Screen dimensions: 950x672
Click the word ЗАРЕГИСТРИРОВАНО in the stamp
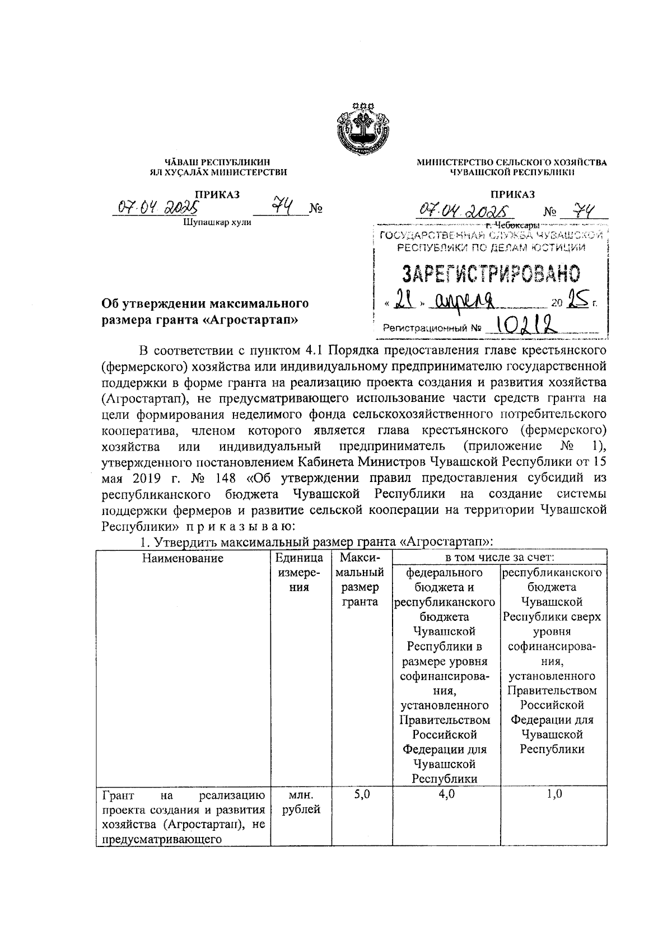pyautogui.click(x=491, y=274)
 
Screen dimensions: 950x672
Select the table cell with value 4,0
pyautogui.click(x=446, y=794)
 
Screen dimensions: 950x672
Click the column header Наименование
pyautogui.click(x=182, y=558)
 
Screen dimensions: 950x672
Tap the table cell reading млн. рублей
pyautogui.click(x=301, y=802)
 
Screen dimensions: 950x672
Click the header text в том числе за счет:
pyautogui.click(x=500, y=558)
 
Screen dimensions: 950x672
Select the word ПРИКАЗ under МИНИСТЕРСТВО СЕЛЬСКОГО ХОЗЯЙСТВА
pyautogui.click(x=512, y=194)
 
